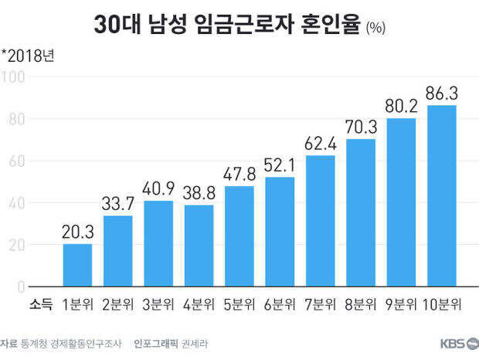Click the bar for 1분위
pos(77,265)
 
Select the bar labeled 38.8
pos(199,246)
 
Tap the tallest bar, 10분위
pos(441,195)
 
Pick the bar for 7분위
pos(320,221)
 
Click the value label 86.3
pos(441,93)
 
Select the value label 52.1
pos(280,165)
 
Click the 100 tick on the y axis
pos(15,77)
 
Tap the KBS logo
pos(456,344)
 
